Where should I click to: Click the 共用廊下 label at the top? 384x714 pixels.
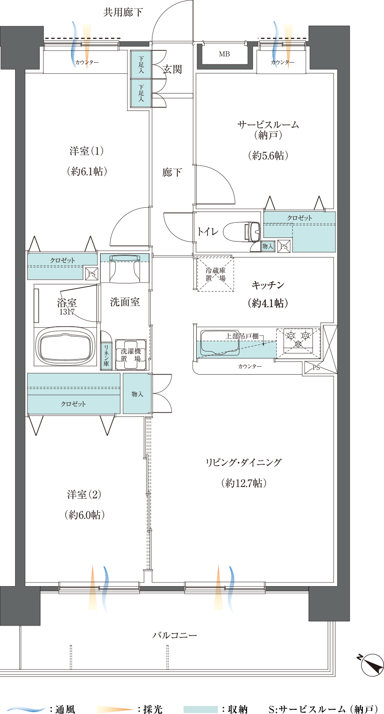point(123,13)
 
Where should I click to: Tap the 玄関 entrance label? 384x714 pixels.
point(172,70)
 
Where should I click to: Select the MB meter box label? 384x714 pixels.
point(224,55)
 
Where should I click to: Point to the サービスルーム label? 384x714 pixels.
point(268,125)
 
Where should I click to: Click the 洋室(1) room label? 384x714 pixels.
point(86,151)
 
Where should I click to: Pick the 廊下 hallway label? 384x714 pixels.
point(172,173)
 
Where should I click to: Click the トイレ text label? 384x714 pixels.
point(207,231)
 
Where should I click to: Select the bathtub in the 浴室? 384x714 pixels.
point(64,346)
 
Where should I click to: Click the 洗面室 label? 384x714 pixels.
point(124,302)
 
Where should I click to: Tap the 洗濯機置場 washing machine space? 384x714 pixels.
point(130,354)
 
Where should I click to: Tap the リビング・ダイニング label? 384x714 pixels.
point(244,463)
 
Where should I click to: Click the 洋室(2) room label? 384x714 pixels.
point(84,495)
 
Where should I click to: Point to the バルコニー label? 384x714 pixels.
point(175,636)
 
